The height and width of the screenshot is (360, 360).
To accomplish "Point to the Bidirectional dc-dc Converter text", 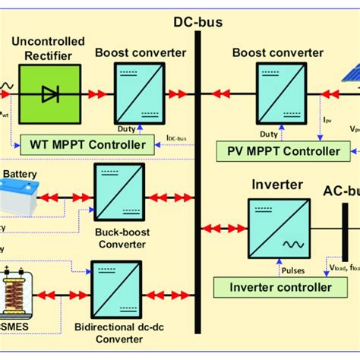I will (114, 332).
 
